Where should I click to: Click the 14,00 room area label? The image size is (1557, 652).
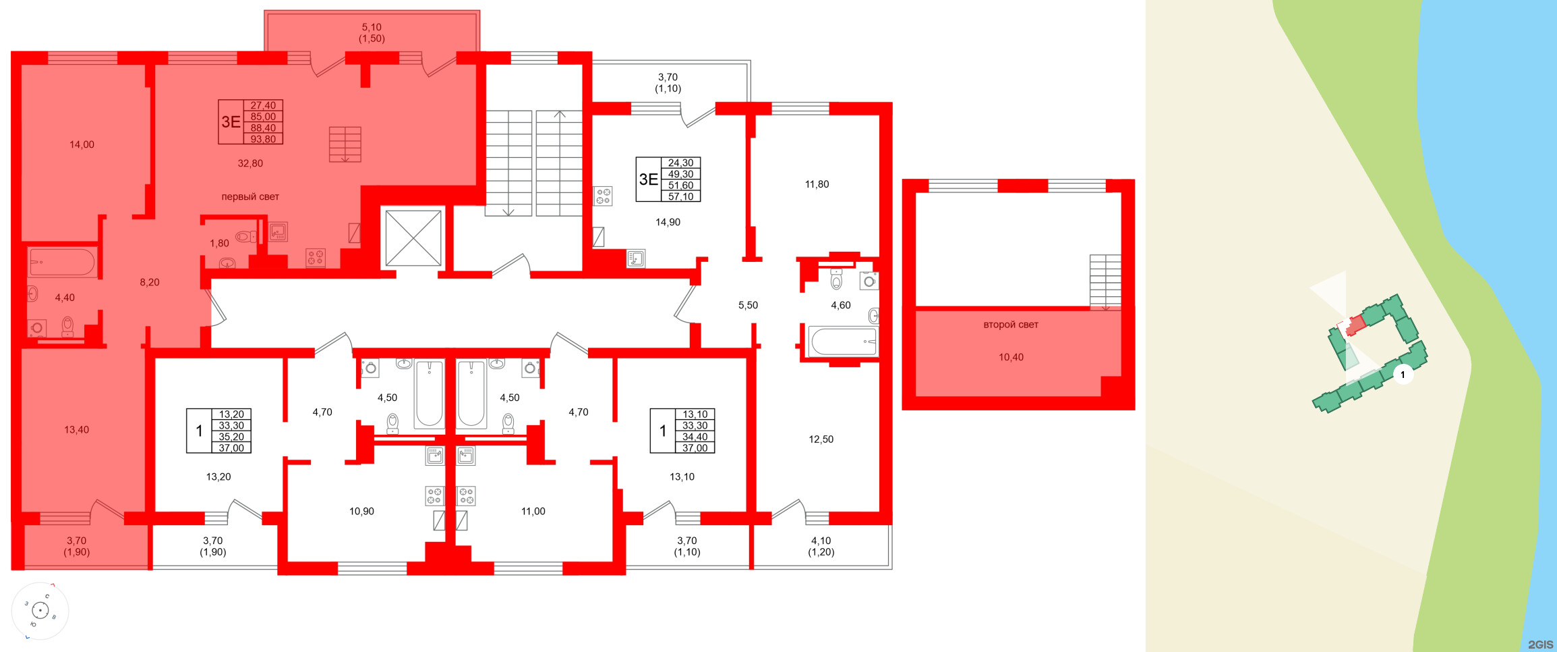pyautogui.click(x=82, y=144)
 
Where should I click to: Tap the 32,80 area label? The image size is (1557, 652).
pyautogui.click(x=250, y=163)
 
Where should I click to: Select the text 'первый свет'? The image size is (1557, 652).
pyautogui.click(x=250, y=197)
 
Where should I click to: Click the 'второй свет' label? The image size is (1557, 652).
pyautogui.click(x=1010, y=325)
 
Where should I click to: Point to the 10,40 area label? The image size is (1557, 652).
pyautogui.click(x=1011, y=357)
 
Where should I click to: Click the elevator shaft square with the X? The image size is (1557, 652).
pyautogui.click(x=413, y=238)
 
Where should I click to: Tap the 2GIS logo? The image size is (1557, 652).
pyautogui.click(x=1540, y=645)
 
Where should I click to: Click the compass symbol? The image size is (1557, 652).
pyautogui.click(x=40, y=611)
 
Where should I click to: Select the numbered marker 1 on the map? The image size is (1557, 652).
pyautogui.click(x=1403, y=375)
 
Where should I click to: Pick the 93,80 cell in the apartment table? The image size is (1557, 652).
pyautogui.click(x=263, y=139)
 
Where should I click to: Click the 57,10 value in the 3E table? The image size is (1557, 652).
pyautogui.click(x=680, y=196)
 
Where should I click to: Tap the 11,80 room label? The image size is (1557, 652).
pyautogui.click(x=817, y=184)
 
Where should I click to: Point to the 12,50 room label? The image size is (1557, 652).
pyautogui.click(x=821, y=439)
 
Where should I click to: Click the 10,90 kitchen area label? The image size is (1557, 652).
pyautogui.click(x=361, y=512)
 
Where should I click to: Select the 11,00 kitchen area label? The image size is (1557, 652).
pyautogui.click(x=533, y=512)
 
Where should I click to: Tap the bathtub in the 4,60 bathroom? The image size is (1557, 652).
pyautogui.click(x=844, y=342)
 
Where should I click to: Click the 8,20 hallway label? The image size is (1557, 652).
pyautogui.click(x=150, y=282)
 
